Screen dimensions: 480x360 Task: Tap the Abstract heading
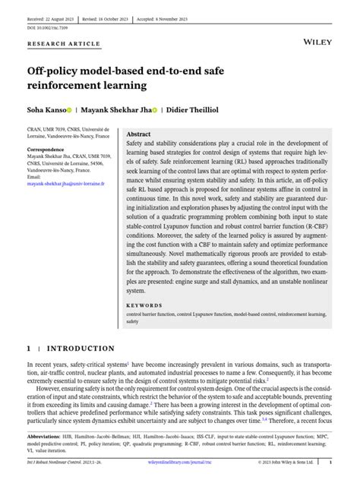pos(143,133)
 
